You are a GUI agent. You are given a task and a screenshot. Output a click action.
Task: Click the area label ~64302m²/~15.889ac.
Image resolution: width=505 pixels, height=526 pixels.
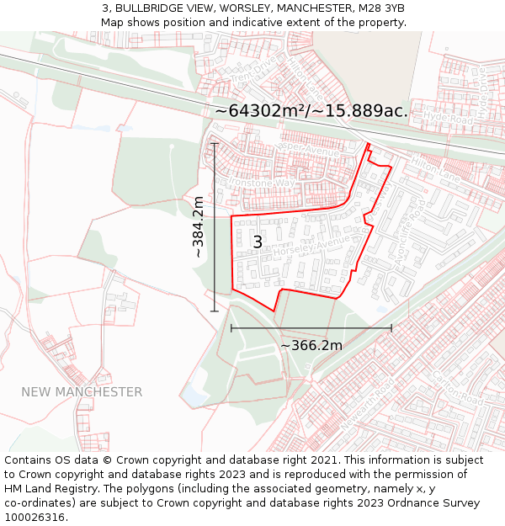[x=311, y=111]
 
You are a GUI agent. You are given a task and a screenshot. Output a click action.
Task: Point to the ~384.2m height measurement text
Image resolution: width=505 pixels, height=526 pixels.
[x=198, y=227]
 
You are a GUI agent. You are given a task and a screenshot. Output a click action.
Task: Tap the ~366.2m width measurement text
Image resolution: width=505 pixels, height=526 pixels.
[x=311, y=345]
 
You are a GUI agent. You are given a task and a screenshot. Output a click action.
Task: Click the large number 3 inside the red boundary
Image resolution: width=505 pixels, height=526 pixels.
[x=258, y=242]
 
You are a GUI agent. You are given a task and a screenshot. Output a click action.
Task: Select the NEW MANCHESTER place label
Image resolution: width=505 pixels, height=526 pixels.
[x=82, y=392]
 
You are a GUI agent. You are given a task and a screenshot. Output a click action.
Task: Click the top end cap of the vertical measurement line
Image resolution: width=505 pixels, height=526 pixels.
[x=215, y=143]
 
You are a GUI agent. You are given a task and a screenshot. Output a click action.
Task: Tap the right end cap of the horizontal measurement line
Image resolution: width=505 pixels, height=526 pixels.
[x=391, y=328]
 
